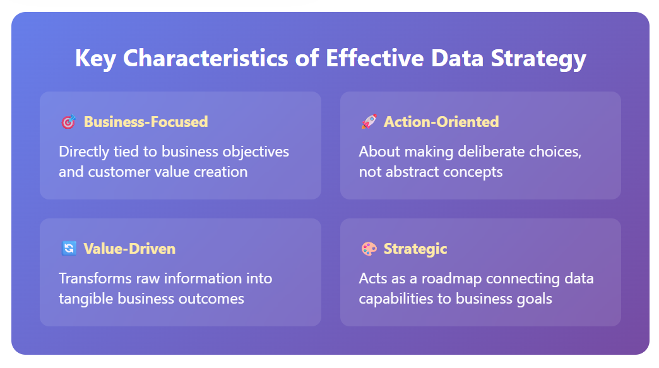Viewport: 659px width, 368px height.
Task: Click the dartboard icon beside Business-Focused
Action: [x=69, y=122]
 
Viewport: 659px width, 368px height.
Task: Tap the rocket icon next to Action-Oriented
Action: [x=369, y=122]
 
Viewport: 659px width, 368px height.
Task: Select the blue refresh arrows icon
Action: [x=69, y=248]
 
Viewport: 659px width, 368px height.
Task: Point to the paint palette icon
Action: [x=369, y=249]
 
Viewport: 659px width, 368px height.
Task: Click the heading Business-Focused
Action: [x=146, y=122]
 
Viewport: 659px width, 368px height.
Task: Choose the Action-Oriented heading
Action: [x=441, y=122]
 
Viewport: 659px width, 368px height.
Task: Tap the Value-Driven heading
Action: [x=129, y=249]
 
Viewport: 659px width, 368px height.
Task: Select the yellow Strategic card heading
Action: [x=415, y=249]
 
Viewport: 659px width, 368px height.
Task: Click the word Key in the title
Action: [x=95, y=59]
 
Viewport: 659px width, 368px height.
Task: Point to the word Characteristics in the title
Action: [x=206, y=57]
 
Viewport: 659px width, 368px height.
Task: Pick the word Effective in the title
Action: [x=375, y=57]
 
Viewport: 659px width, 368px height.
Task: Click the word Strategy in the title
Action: [x=538, y=59]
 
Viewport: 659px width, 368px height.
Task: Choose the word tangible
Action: [x=86, y=299]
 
